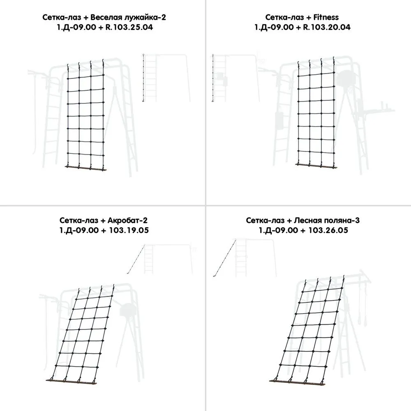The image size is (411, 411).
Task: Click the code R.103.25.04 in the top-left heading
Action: click(129, 27)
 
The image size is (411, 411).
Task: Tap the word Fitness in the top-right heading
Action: click(326, 17)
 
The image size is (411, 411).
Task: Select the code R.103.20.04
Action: click(327, 27)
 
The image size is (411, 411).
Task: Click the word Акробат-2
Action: click(127, 220)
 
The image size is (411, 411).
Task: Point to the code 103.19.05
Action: click(129, 231)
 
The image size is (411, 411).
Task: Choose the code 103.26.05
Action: click(328, 231)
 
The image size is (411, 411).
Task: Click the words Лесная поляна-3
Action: click(327, 220)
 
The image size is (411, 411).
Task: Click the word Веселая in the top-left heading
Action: click(106, 17)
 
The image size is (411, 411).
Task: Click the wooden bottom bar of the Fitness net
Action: click(316, 166)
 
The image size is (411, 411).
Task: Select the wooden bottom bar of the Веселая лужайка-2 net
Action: click(86, 168)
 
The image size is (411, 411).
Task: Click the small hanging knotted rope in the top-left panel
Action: click(143, 78)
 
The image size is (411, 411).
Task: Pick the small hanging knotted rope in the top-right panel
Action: click(213, 78)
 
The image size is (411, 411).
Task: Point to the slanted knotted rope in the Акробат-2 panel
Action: click(136, 259)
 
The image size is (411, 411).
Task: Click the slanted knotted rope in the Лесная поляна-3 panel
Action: click(225, 258)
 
